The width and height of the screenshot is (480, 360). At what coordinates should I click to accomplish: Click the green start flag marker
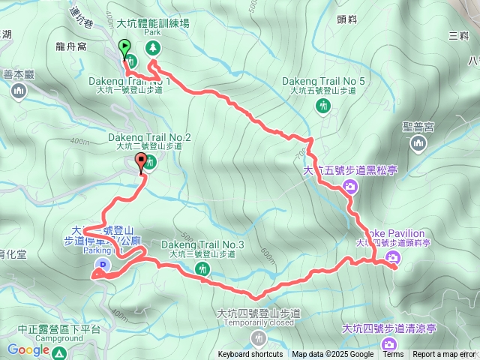point(123,46)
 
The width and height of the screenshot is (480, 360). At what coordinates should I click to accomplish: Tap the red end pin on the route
point(142,160)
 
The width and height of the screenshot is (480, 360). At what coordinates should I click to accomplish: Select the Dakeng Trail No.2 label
point(150,137)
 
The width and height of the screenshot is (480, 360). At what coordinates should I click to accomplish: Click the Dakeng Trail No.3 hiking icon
point(202,268)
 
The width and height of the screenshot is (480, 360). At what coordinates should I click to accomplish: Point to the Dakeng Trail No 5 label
point(324,81)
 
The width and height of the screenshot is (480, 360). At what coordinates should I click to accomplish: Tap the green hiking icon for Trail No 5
point(322,106)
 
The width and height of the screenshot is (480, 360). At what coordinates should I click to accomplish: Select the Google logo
point(28,349)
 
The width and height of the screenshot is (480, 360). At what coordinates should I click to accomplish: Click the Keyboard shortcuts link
point(250,355)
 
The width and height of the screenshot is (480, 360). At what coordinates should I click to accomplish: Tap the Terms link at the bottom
point(393,355)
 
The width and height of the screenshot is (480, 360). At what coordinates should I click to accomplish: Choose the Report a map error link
point(444,355)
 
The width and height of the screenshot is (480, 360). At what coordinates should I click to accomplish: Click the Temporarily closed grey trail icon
point(259,336)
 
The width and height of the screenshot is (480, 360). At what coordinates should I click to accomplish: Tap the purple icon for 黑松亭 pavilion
point(349,186)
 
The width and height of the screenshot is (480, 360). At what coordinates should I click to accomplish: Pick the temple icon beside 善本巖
point(19,91)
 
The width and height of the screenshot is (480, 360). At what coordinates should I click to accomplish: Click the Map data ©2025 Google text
point(333,355)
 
